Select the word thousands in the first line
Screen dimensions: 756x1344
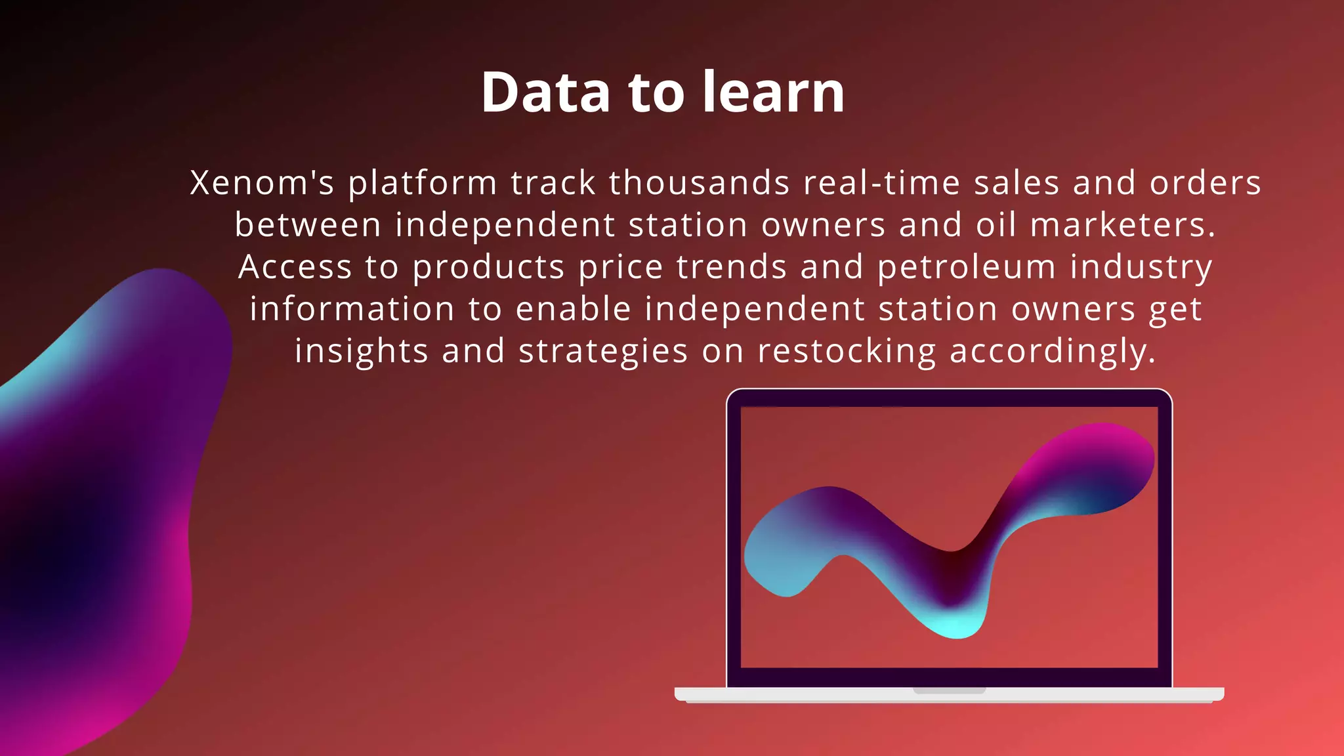699,182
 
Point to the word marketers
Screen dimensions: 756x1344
1122,225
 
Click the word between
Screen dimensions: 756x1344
308,225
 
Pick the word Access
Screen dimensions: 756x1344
295,267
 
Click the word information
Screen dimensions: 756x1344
352,309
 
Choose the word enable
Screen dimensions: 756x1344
573,309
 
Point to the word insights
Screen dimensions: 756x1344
360,352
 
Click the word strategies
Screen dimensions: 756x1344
603,352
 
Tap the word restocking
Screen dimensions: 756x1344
847,352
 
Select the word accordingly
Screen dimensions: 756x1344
1052,352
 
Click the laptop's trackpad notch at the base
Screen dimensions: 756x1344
949,690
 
